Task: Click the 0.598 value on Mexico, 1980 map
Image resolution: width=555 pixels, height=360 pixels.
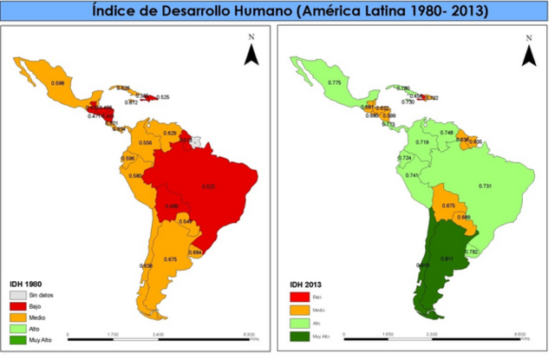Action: (58, 82)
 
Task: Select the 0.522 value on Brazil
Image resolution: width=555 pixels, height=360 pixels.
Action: (208, 187)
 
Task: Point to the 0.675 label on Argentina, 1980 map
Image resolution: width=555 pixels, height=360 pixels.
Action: (170, 259)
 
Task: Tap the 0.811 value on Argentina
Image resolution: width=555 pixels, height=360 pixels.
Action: (448, 259)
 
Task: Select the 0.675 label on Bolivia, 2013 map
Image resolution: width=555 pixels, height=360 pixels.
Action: (448, 206)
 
